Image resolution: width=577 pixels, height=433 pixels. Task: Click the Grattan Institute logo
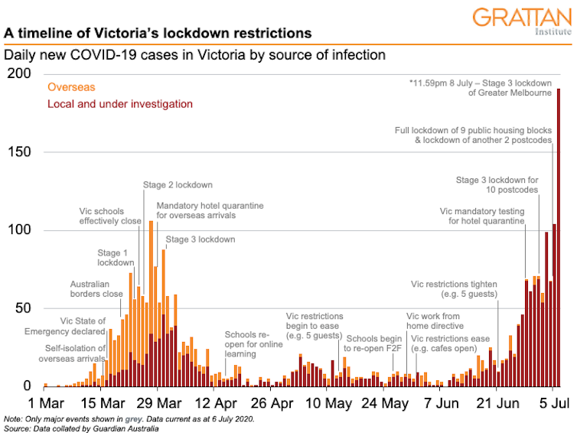click(521, 21)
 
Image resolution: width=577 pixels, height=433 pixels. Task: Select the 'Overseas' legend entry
click(71, 88)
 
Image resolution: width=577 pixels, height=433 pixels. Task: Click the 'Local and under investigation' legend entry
click(120, 104)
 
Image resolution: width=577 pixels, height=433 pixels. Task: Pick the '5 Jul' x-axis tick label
click(553, 402)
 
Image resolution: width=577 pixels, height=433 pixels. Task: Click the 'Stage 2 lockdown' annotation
click(178, 185)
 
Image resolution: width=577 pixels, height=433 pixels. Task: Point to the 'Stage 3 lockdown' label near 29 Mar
click(200, 239)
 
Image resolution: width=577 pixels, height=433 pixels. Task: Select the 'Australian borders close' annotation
click(96, 288)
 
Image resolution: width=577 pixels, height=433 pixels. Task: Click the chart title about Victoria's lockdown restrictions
click(158, 34)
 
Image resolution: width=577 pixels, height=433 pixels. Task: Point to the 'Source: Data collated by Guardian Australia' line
click(82, 428)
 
